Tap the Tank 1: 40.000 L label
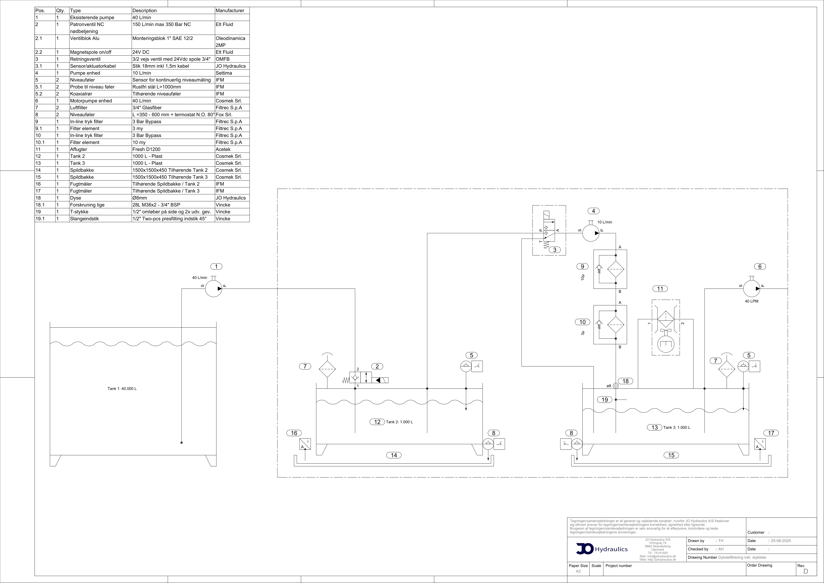click(x=122, y=388)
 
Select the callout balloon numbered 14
click(x=394, y=455)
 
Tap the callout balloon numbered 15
click(x=671, y=455)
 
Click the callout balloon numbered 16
click(x=294, y=433)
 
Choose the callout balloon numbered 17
click(x=771, y=433)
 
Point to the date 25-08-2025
click(x=780, y=541)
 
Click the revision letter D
click(x=806, y=571)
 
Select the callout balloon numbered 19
click(x=605, y=400)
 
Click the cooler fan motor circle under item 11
click(x=666, y=344)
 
